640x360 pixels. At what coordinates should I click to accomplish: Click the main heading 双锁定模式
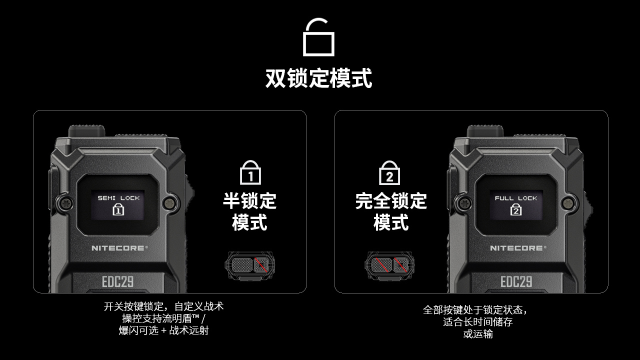(x=318, y=78)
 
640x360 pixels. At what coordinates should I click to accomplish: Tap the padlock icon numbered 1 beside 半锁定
(x=250, y=172)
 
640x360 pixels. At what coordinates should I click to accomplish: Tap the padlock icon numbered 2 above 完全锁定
(x=389, y=173)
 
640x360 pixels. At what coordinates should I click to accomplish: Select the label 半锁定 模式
(x=249, y=211)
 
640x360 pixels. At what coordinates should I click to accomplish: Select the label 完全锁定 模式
(x=391, y=211)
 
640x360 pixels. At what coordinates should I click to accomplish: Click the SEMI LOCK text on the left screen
(x=118, y=198)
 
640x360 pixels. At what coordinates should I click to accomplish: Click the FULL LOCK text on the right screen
(x=515, y=198)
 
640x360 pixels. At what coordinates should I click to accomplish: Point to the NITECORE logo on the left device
(x=119, y=248)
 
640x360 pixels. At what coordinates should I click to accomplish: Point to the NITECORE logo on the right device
(x=518, y=248)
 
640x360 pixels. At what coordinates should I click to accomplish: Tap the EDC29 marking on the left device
(x=117, y=281)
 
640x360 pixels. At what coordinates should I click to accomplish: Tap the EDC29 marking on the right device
(x=516, y=281)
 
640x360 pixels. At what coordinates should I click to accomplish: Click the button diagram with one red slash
(x=249, y=265)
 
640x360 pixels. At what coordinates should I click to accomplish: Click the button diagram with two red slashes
(x=389, y=265)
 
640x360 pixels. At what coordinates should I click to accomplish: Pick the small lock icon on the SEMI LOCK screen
(x=118, y=209)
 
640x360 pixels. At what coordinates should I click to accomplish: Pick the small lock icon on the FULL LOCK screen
(x=515, y=209)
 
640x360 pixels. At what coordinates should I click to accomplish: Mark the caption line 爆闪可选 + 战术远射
(x=163, y=330)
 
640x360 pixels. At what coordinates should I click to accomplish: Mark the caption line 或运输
(x=478, y=334)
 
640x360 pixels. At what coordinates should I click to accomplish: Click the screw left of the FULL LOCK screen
(x=465, y=203)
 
